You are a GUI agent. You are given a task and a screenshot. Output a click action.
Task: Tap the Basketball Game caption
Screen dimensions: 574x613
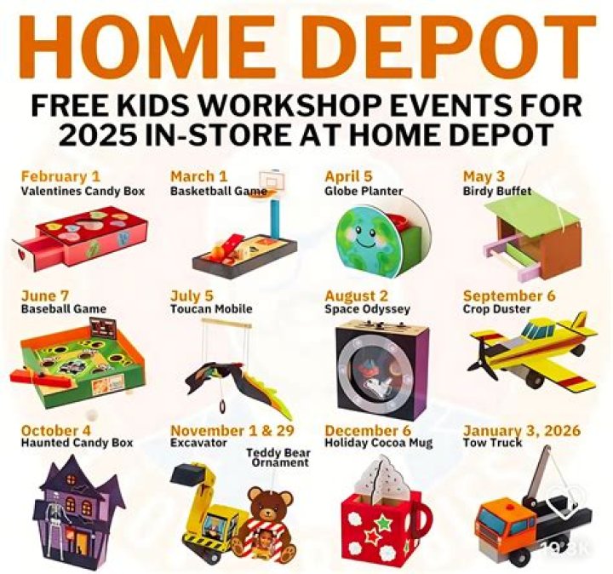pos(218,192)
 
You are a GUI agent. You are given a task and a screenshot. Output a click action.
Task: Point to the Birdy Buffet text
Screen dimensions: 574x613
pos(496,192)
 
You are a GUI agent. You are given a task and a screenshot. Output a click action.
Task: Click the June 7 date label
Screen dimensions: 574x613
pos(45,296)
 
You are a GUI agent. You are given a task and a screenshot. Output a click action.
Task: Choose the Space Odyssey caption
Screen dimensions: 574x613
pos(367,309)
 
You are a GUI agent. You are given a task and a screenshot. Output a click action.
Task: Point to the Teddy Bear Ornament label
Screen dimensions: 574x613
pos(279,458)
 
